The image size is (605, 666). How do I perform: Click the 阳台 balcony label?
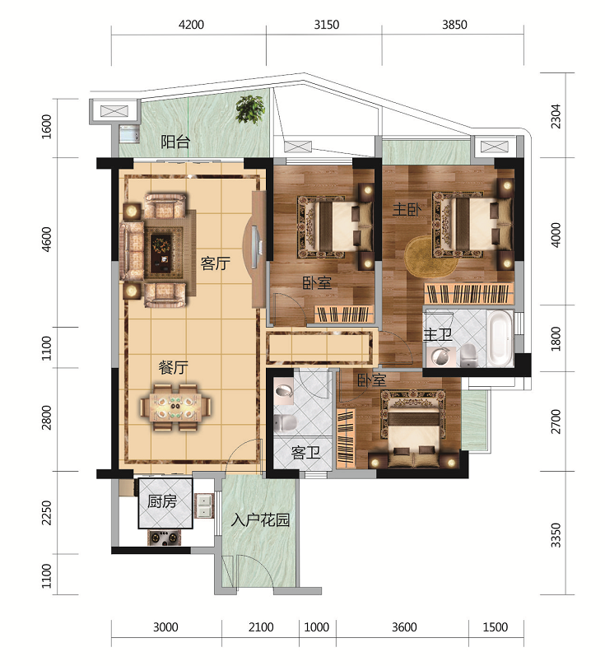pos(175,142)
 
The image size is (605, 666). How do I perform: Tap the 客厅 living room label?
pos(216,263)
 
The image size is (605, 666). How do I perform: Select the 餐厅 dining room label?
pos(173,367)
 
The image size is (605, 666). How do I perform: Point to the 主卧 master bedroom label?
pos(407,209)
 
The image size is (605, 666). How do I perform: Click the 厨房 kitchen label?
pos(162,501)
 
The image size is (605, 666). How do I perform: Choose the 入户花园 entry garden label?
pos(260,520)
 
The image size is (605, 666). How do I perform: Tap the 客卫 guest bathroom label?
pos(305,453)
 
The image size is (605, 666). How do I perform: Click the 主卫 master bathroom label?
pos(438,335)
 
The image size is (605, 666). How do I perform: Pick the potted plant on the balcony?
pos(250,109)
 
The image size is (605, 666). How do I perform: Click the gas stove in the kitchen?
pos(164,538)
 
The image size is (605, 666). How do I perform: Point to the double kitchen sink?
pos(204,505)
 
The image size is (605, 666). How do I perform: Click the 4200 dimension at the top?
pos(191,24)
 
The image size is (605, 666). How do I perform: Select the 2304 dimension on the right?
pos(556,116)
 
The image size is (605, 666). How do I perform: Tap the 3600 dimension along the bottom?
pos(404,627)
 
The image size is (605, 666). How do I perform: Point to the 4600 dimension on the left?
pos(46,240)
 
